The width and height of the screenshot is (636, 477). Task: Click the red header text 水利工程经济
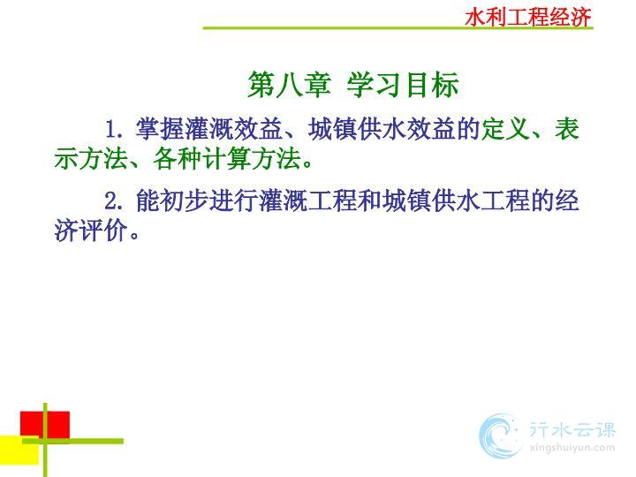pos(528,18)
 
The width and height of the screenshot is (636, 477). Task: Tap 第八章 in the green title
pos(289,85)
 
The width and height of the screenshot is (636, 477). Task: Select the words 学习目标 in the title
pos(403,85)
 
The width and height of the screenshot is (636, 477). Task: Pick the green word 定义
pos(505,129)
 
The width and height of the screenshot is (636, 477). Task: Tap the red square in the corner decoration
pos(45,425)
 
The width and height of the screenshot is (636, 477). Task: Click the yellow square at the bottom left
pos(19,450)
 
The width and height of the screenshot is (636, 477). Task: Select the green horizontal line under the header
pos(397,27)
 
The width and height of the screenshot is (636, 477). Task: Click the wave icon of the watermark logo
pos(500,436)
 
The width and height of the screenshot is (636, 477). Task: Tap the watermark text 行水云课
pos(572,430)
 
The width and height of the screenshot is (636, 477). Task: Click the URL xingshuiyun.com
pos(572,448)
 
